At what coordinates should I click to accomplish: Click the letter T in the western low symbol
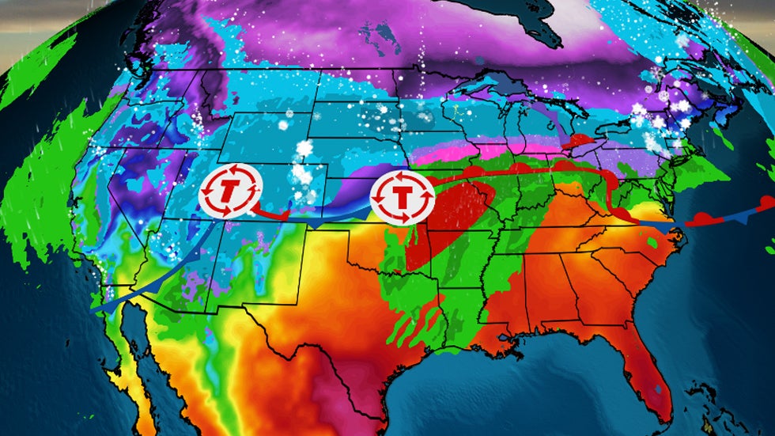click(230, 191)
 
